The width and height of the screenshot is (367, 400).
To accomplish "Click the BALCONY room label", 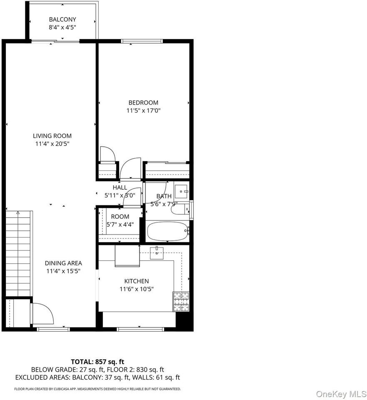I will click(62, 20).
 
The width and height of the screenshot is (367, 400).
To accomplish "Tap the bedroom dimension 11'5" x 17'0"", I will click(144, 111).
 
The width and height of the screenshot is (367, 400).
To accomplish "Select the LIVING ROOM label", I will click(52, 136).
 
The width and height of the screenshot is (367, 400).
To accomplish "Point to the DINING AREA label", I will click(63, 263).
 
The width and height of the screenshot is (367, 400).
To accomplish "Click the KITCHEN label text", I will click(136, 281).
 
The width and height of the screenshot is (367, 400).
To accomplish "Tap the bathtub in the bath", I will click(167, 231).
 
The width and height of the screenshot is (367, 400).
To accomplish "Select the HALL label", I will click(120, 187).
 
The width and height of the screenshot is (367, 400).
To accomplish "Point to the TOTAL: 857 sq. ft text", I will click(97, 362).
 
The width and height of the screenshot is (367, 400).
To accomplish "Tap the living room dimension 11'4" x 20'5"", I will click(52, 144).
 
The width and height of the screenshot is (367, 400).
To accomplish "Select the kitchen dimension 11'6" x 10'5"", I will click(136, 289).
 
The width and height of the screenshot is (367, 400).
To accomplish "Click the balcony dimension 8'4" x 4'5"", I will click(62, 27).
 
